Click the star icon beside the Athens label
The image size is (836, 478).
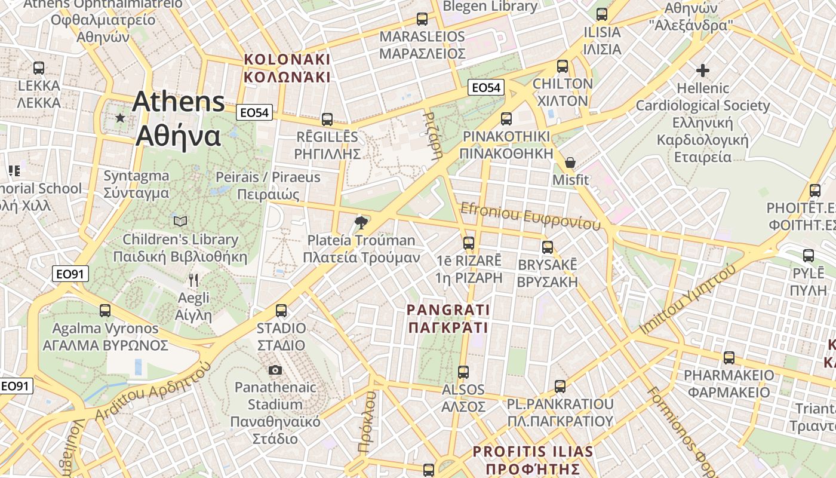click(120, 118)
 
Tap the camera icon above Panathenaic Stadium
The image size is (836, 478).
click(275, 370)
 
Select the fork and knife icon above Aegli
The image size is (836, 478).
click(193, 280)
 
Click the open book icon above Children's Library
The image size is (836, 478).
click(180, 222)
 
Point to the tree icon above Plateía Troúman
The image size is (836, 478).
click(361, 223)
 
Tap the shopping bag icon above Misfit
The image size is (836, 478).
click(570, 163)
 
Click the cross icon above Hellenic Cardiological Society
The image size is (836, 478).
click(703, 71)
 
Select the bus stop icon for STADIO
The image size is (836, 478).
click(281, 311)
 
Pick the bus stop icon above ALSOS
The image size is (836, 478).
click(463, 372)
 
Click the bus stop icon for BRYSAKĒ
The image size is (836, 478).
click(548, 247)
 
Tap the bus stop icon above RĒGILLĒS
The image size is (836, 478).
click(327, 119)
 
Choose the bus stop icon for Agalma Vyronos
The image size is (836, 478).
click(105, 311)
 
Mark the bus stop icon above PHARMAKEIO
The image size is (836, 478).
click(729, 358)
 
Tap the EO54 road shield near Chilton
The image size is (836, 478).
click(485, 88)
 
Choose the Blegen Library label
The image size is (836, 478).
click(490, 7)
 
